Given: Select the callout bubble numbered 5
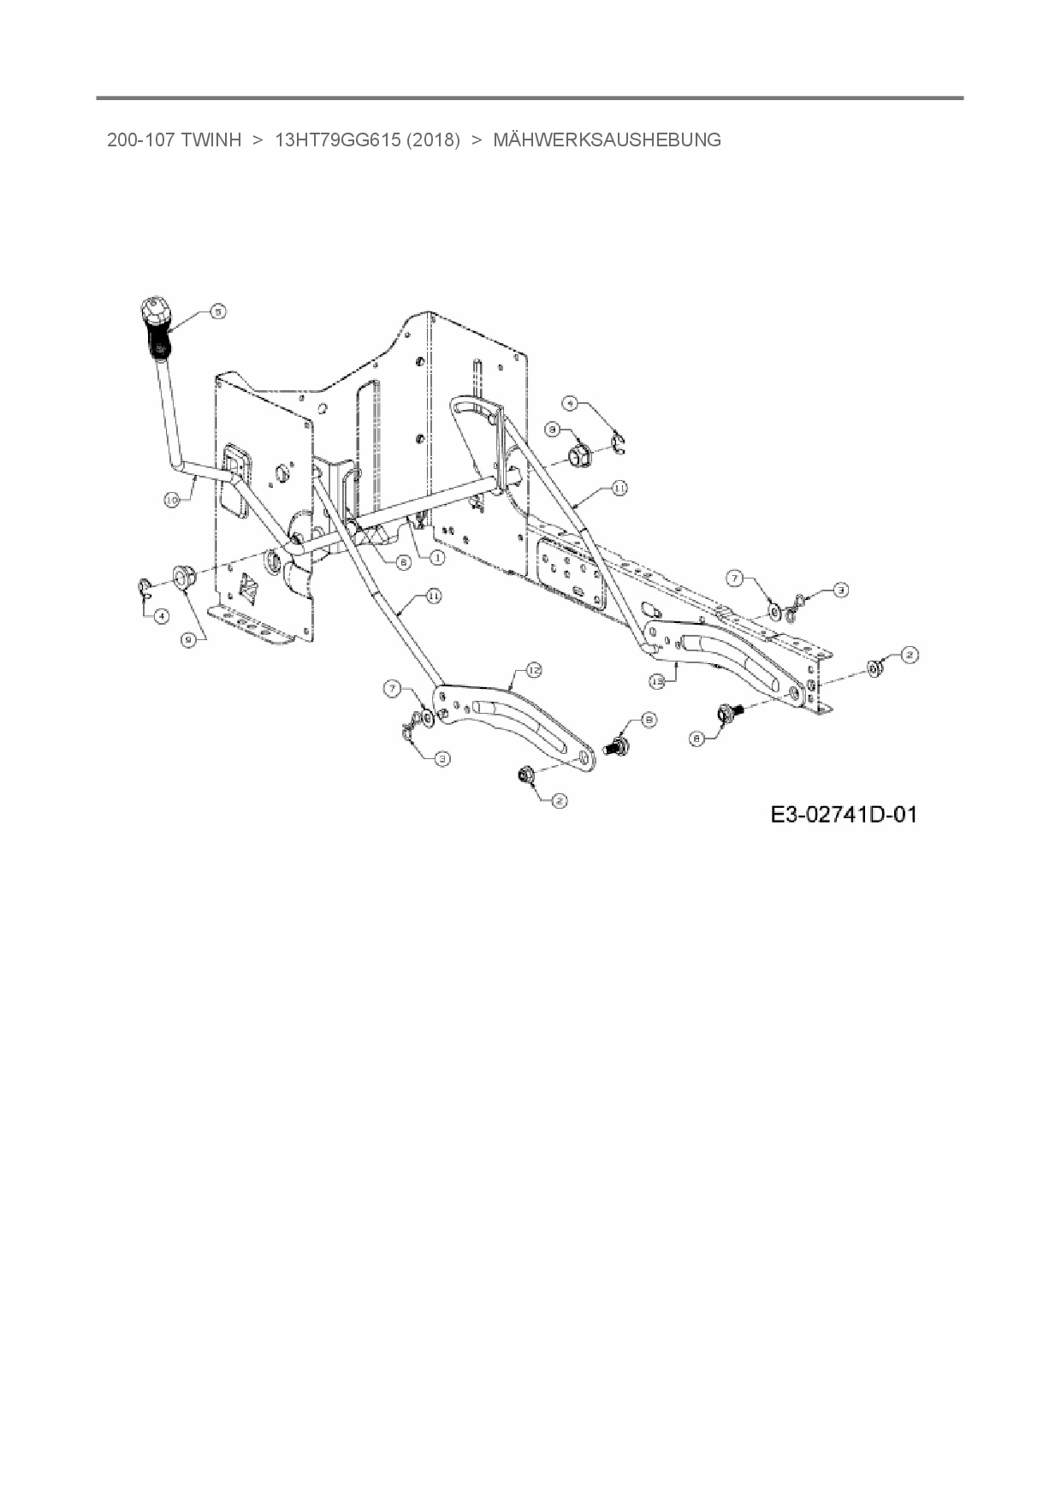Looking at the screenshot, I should pyautogui.click(x=218, y=312).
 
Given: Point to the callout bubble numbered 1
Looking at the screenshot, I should pyautogui.click(x=436, y=558).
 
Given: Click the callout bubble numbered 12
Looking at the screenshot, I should pyautogui.click(x=534, y=670).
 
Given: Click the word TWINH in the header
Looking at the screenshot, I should pyautogui.click(x=211, y=139).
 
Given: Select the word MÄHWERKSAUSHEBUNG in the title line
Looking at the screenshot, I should pyautogui.click(x=607, y=139).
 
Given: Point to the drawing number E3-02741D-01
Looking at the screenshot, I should pyautogui.click(x=844, y=814).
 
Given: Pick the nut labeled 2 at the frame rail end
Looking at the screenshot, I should pyautogui.click(x=875, y=667).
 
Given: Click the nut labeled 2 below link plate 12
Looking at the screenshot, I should pyautogui.click(x=525, y=775).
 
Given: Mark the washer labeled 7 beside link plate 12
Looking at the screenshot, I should pyautogui.click(x=425, y=715).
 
